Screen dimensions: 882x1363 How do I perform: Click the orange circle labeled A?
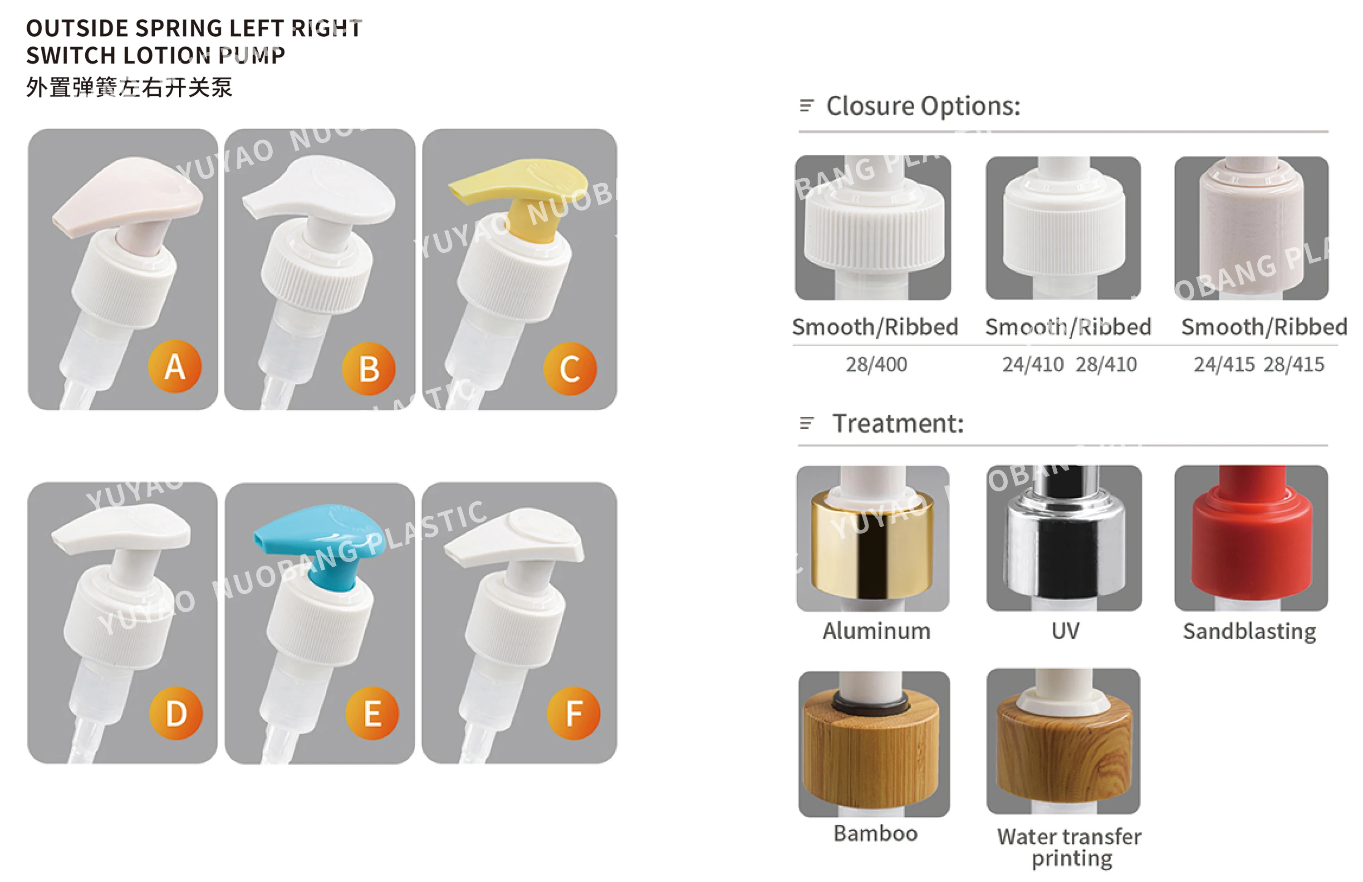(175, 367)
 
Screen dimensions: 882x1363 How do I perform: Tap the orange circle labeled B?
(368, 369)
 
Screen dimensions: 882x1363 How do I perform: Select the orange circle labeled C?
(570, 369)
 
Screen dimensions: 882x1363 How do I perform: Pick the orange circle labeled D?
(176, 714)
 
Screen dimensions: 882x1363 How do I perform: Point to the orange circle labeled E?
(372, 714)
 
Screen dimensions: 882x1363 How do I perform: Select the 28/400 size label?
(876, 364)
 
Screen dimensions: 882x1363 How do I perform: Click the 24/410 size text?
(1033, 364)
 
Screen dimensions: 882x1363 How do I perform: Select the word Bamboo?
(875, 833)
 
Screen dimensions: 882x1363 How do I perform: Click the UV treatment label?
(1065, 631)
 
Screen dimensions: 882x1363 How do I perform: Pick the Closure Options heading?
(922, 106)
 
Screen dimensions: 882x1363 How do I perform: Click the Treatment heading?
(897, 424)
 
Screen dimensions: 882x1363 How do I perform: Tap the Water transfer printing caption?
(1069, 847)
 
